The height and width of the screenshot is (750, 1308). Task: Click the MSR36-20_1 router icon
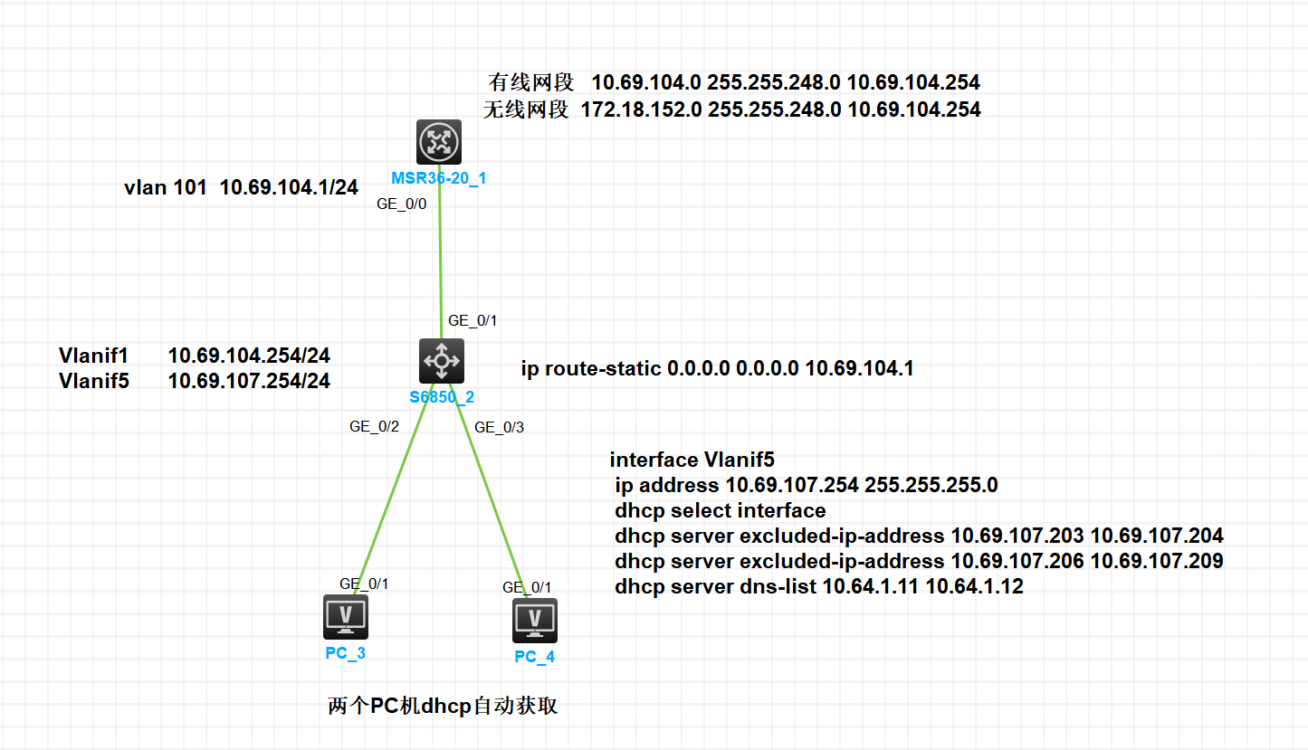tap(439, 142)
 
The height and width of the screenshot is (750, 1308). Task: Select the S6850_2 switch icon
tap(442, 361)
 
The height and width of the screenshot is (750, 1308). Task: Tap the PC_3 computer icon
tap(346, 617)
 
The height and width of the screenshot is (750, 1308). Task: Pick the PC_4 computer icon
tap(535, 620)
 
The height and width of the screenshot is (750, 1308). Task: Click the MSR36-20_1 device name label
tap(439, 178)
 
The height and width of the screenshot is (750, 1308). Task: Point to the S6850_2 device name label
tap(443, 396)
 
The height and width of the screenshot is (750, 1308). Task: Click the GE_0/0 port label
tap(401, 204)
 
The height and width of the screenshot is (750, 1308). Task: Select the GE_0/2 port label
tap(374, 427)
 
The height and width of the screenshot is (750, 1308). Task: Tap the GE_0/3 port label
tap(499, 427)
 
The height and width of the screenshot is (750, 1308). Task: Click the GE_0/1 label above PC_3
tap(364, 584)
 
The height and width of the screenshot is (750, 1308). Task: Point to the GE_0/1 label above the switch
tap(473, 320)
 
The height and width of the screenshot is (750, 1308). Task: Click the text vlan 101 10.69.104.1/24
tap(241, 188)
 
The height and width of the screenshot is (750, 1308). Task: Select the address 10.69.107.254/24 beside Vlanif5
tap(249, 381)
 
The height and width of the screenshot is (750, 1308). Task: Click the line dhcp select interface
tap(720, 510)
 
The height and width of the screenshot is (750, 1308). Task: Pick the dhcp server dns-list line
tap(818, 586)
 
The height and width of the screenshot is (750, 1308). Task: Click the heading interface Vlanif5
tap(692, 460)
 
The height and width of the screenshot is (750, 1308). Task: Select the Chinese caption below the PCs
tap(443, 707)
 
